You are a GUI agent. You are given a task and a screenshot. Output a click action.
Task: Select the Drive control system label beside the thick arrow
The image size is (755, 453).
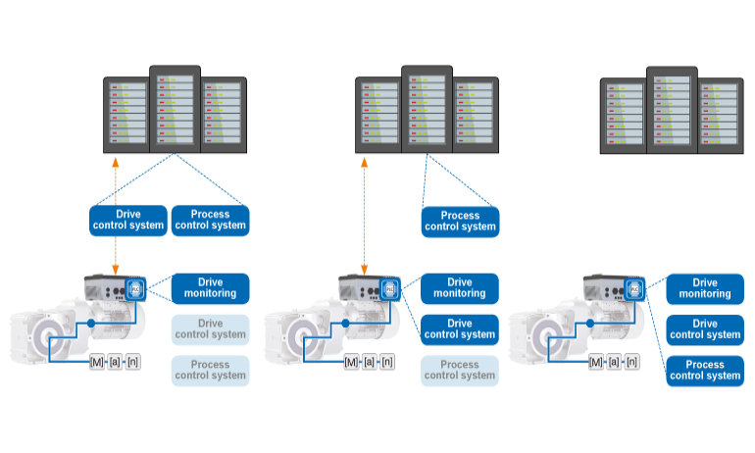point(127,220)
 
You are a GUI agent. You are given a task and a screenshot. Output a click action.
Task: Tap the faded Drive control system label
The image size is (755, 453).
point(211,329)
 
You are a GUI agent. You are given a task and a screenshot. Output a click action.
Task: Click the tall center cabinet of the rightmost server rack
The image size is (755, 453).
point(672,110)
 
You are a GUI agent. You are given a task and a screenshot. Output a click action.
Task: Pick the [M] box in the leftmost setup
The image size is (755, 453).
point(96,362)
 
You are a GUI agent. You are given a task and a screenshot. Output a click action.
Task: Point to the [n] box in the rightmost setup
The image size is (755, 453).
point(632,362)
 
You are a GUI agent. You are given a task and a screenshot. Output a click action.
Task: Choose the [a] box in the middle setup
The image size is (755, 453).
point(370,362)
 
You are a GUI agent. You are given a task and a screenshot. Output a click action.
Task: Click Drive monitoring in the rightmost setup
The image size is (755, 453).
point(704,288)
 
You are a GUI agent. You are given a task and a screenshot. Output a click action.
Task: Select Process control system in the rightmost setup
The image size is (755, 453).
point(704,371)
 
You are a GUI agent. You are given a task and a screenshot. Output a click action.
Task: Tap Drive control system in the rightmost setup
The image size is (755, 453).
point(704,329)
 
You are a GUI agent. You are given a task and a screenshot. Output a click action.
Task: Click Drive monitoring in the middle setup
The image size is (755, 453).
point(460,288)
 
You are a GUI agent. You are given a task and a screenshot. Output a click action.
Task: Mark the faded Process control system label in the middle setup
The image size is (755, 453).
point(460,371)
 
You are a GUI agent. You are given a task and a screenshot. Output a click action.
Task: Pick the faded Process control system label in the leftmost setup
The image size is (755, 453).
point(211,371)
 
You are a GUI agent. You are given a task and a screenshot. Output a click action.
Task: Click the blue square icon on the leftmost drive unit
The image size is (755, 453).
point(136,289)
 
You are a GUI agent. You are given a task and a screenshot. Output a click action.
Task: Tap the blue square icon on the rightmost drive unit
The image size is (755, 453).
point(634,289)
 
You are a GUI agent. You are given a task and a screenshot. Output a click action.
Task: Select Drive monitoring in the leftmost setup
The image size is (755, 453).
point(211,288)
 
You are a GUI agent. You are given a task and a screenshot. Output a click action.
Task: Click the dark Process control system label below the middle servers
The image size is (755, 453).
point(460,221)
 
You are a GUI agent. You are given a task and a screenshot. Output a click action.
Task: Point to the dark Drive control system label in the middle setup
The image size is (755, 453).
point(460,329)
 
